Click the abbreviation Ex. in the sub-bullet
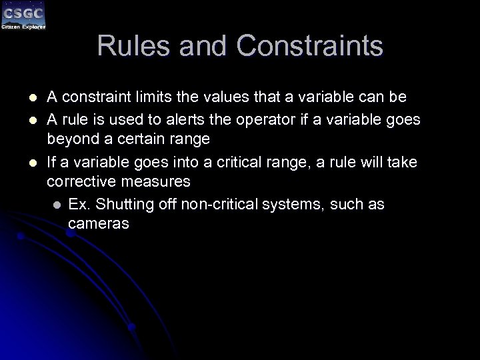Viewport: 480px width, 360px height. [79, 204]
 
